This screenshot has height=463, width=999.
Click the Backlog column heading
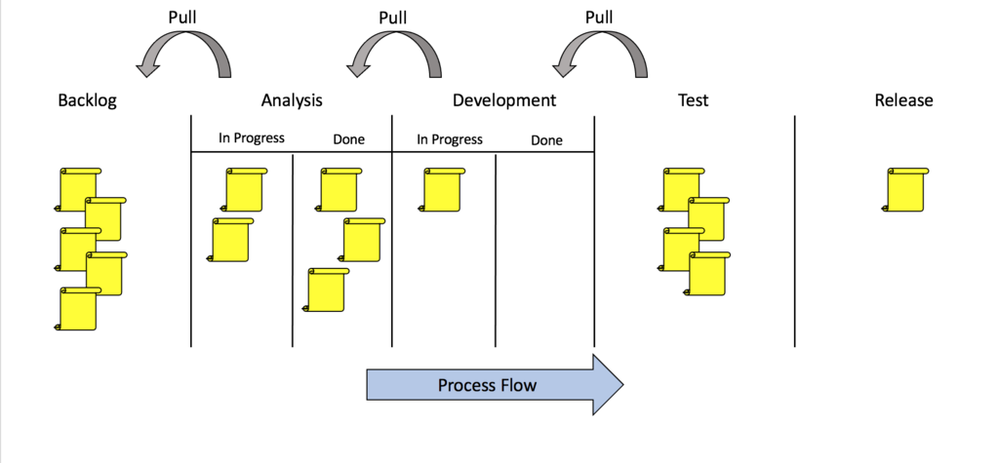(x=87, y=100)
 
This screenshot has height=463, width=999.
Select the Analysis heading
(x=292, y=99)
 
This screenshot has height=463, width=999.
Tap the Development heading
(x=503, y=99)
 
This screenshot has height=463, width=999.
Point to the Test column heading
(x=693, y=99)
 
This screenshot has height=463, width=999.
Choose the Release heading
(x=903, y=99)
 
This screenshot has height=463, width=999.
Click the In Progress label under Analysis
(x=252, y=138)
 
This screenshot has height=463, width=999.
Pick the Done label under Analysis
(x=348, y=139)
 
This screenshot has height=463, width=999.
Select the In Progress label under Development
(x=450, y=139)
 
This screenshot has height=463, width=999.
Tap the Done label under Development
(x=546, y=140)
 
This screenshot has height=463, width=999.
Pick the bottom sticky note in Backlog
(x=78, y=309)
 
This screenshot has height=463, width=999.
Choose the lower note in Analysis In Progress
(x=230, y=240)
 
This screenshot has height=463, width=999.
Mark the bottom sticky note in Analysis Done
(x=327, y=290)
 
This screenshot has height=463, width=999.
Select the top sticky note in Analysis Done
(x=339, y=189)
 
